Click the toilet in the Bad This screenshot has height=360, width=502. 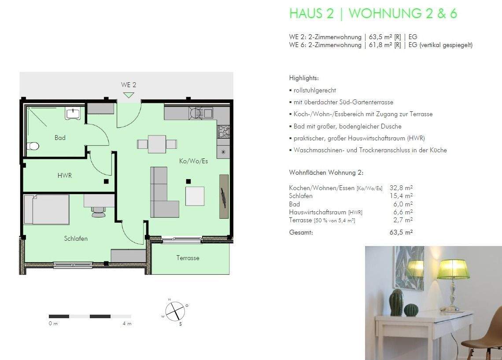pyautogui.click(x=33, y=146)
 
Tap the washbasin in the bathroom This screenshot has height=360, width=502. pyautogui.click(x=72, y=114)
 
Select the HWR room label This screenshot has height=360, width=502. pyautogui.click(x=64, y=175)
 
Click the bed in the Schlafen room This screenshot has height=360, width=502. pyautogui.click(x=47, y=209)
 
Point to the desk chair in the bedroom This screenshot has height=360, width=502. pyautogui.click(x=98, y=213)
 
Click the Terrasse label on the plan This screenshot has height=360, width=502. pyautogui.click(x=188, y=258)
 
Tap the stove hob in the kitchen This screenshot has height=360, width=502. pyautogui.click(x=223, y=132)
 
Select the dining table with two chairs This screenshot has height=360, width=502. pyautogui.click(x=157, y=144)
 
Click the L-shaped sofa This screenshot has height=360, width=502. pyautogui.click(x=162, y=194)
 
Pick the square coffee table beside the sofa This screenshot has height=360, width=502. pyautogui.click(x=195, y=196)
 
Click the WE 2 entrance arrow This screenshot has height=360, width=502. pyautogui.click(x=129, y=95)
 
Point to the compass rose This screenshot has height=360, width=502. pyautogui.click(x=175, y=311)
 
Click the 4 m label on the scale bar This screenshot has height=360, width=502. pyautogui.click(x=127, y=324)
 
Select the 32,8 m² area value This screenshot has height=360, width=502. pyautogui.click(x=401, y=188)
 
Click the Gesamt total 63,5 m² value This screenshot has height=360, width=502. pyautogui.click(x=401, y=232)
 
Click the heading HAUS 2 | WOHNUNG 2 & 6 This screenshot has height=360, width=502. pyautogui.click(x=373, y=14)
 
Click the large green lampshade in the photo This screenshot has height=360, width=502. pyautogui.click(x=453, y=269)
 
